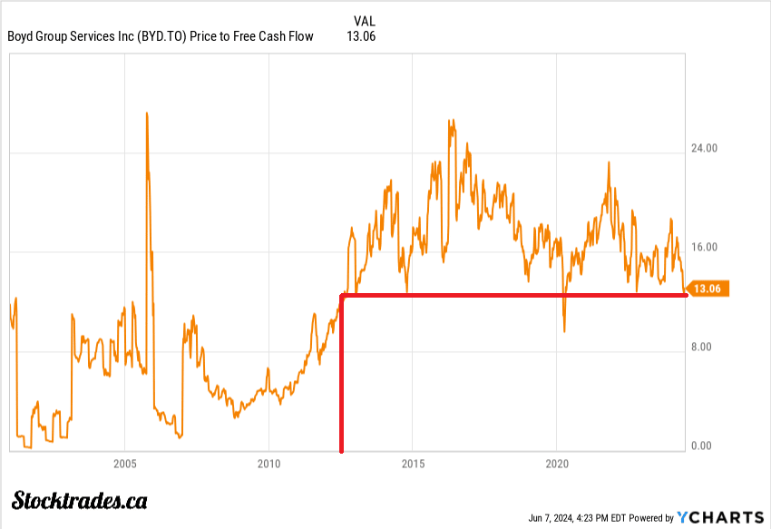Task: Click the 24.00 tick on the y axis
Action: point(704,148)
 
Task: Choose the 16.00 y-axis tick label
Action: point(704,247)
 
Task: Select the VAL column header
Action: point(363,21)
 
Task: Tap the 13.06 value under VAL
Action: point(361,36)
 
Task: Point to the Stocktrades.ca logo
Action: point(80,500)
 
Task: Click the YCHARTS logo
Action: point(721,517)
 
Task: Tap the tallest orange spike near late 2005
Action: point(147,114)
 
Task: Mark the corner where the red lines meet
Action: point(342,296)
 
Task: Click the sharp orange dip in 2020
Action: point(564,330)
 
